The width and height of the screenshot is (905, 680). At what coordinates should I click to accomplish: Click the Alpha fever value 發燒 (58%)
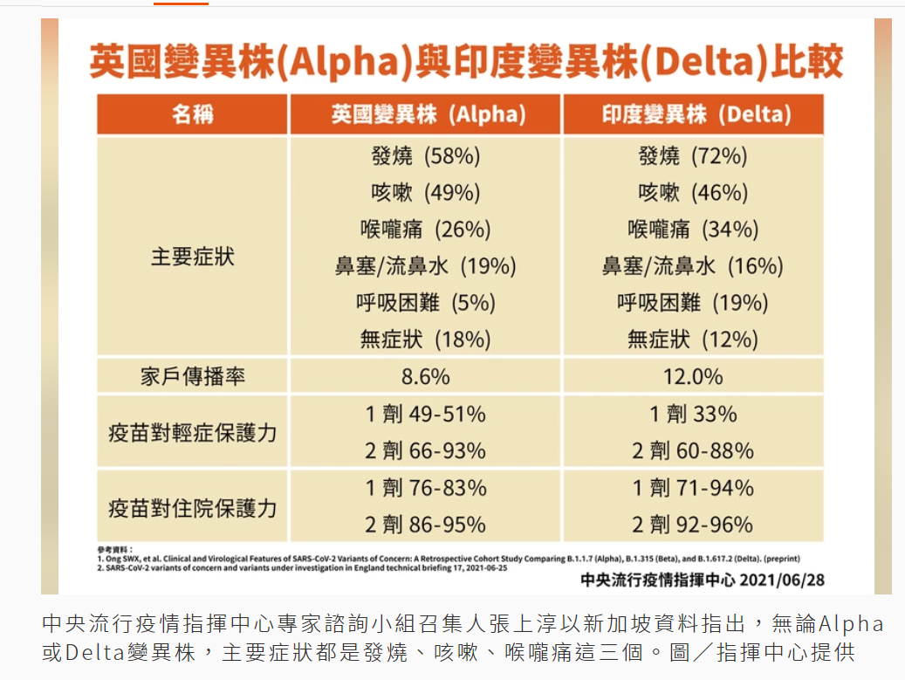(x=426, y=157)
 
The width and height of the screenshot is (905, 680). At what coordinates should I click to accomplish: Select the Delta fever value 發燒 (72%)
(x=693, y=157)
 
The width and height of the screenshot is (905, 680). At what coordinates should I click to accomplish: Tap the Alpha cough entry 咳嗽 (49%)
(x=426, y=194)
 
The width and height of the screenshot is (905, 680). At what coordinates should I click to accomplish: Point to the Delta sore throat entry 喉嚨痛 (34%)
(x=693, y=230)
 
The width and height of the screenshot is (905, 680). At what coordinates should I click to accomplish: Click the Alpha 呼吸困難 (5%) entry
(x=426, y=303)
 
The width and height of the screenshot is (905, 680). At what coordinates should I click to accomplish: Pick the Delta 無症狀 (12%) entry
(x=693, y=340)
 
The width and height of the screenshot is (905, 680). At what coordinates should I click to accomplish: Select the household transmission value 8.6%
(x=426, y=377)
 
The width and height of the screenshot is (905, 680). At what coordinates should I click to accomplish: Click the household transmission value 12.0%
(x=693, y=377)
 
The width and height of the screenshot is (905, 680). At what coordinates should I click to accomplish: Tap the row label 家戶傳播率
(x=193, y=377)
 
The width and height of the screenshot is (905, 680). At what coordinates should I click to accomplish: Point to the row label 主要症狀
(x=193, y=258)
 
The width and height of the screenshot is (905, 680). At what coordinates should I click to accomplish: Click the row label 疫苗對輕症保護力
(x=193, y=432)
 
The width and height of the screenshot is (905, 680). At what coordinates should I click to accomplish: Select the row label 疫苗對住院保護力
(x=193, y=507)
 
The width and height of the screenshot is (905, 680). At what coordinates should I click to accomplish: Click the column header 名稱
(x=193, y=114)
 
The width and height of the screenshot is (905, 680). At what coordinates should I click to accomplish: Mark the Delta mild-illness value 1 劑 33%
(x=693, y=414)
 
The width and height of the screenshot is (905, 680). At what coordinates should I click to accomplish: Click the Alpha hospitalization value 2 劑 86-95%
(x=426, y=525)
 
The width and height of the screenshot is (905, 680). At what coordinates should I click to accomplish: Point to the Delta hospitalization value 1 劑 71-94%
(x=693, y=489)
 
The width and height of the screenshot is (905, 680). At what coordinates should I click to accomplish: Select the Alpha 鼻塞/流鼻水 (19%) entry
(x=426, y=266)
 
